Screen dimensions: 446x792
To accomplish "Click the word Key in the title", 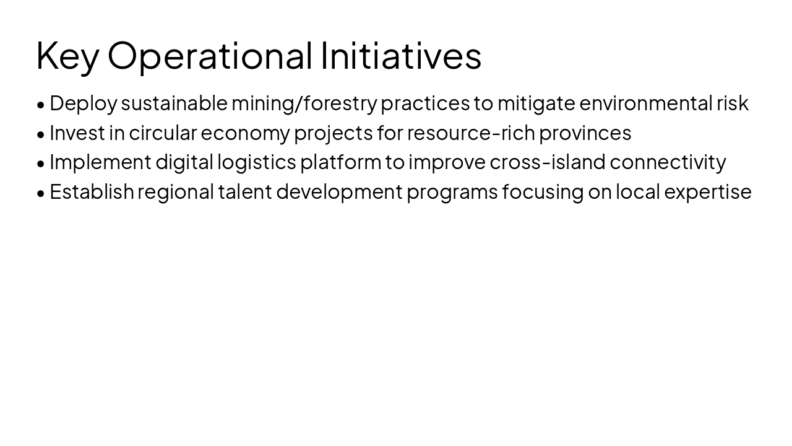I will (x=67, y=56).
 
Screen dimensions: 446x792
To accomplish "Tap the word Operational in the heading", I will (x=210, y=56).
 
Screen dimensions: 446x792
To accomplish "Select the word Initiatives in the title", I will (x=401, y=56).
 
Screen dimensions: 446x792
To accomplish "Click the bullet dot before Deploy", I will (x=41, y=105).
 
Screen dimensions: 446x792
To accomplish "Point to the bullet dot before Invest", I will (x=41, y=134).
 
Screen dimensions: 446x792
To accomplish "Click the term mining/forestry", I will (x=304, y=103).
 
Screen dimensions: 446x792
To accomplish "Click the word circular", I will (x=163, y=133).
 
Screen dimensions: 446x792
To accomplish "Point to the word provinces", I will (x=585, y=133).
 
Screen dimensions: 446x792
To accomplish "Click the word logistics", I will (x=256, y=162).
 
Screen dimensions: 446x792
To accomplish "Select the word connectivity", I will (x=668, y=162).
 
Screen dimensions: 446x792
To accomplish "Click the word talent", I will (x=245, y=192).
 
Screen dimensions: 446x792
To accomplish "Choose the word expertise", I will (x=708, y=192).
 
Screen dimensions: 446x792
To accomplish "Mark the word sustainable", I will (x=174, y=103).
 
